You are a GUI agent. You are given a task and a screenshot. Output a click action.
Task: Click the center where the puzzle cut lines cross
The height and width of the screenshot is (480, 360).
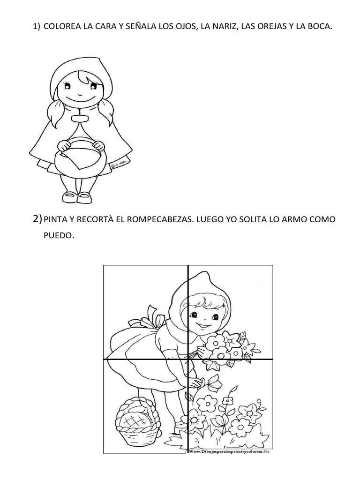(x=188, y=360)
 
